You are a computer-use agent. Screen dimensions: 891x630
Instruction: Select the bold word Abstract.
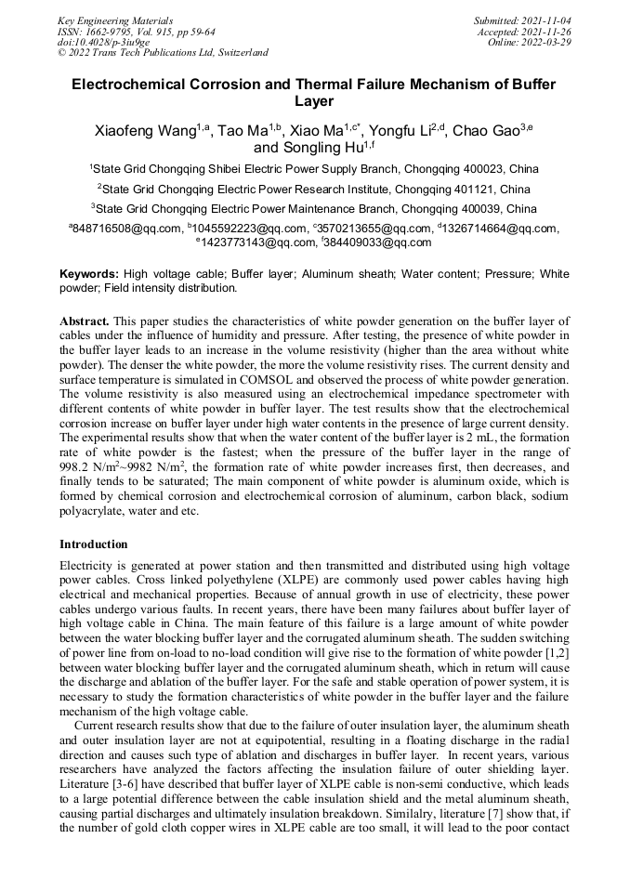click(84, 321)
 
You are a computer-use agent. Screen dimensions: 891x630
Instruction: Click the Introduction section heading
click(94, 544)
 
